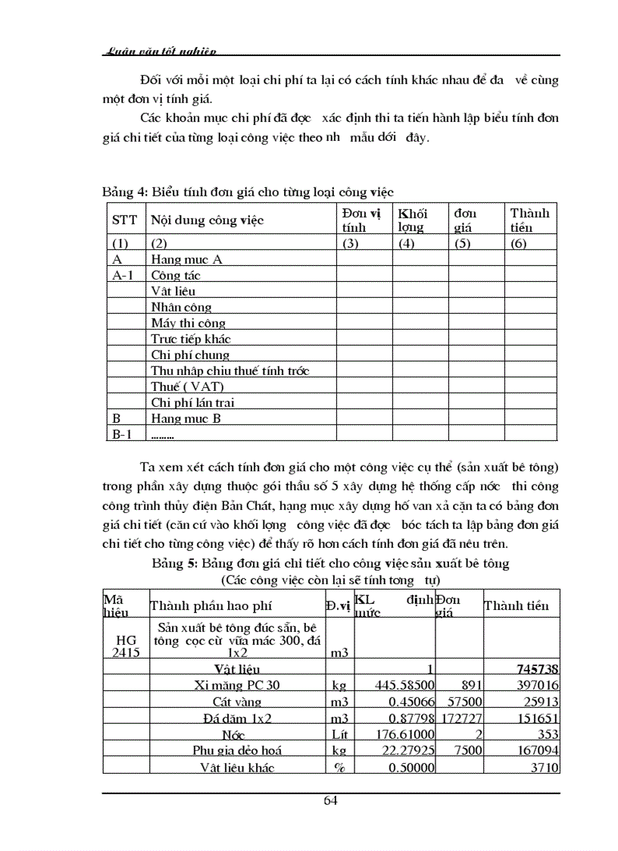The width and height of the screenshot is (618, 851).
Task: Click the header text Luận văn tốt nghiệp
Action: pos(159,52)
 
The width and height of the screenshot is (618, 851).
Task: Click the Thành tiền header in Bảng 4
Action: pos(530,221)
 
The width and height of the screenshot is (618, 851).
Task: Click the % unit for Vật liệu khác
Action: pos(339,768)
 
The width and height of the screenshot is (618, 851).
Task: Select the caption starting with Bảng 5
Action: pos(330,564)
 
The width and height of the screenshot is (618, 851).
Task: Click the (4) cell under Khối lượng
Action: pos(406,244)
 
